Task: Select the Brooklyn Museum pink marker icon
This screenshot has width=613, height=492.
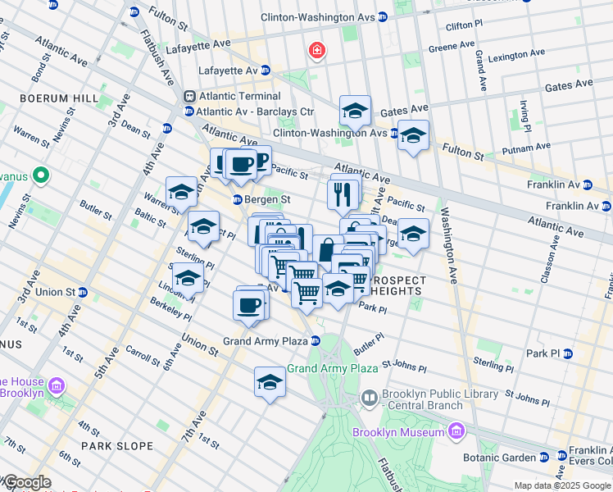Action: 456,431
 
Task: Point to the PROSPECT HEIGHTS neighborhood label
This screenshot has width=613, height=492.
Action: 397,285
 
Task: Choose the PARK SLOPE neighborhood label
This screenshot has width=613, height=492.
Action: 117,446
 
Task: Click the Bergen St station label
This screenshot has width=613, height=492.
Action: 268,199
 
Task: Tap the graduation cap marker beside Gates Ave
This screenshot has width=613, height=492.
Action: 355,110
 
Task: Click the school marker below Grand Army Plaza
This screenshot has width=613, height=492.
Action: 269,383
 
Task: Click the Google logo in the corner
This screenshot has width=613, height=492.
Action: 26,482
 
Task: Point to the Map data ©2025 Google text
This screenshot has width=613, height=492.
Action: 561,485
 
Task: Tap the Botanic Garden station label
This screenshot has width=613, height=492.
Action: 502,458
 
